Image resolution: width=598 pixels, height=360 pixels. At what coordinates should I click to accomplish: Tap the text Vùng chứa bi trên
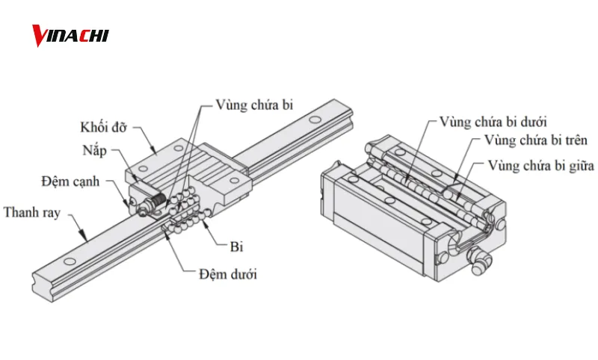535,140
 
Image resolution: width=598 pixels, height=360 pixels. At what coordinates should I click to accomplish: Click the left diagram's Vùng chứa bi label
254,104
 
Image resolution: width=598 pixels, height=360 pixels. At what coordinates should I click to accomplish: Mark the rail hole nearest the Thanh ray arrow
70,261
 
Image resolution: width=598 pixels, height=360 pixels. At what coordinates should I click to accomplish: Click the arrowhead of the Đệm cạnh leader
128,205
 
